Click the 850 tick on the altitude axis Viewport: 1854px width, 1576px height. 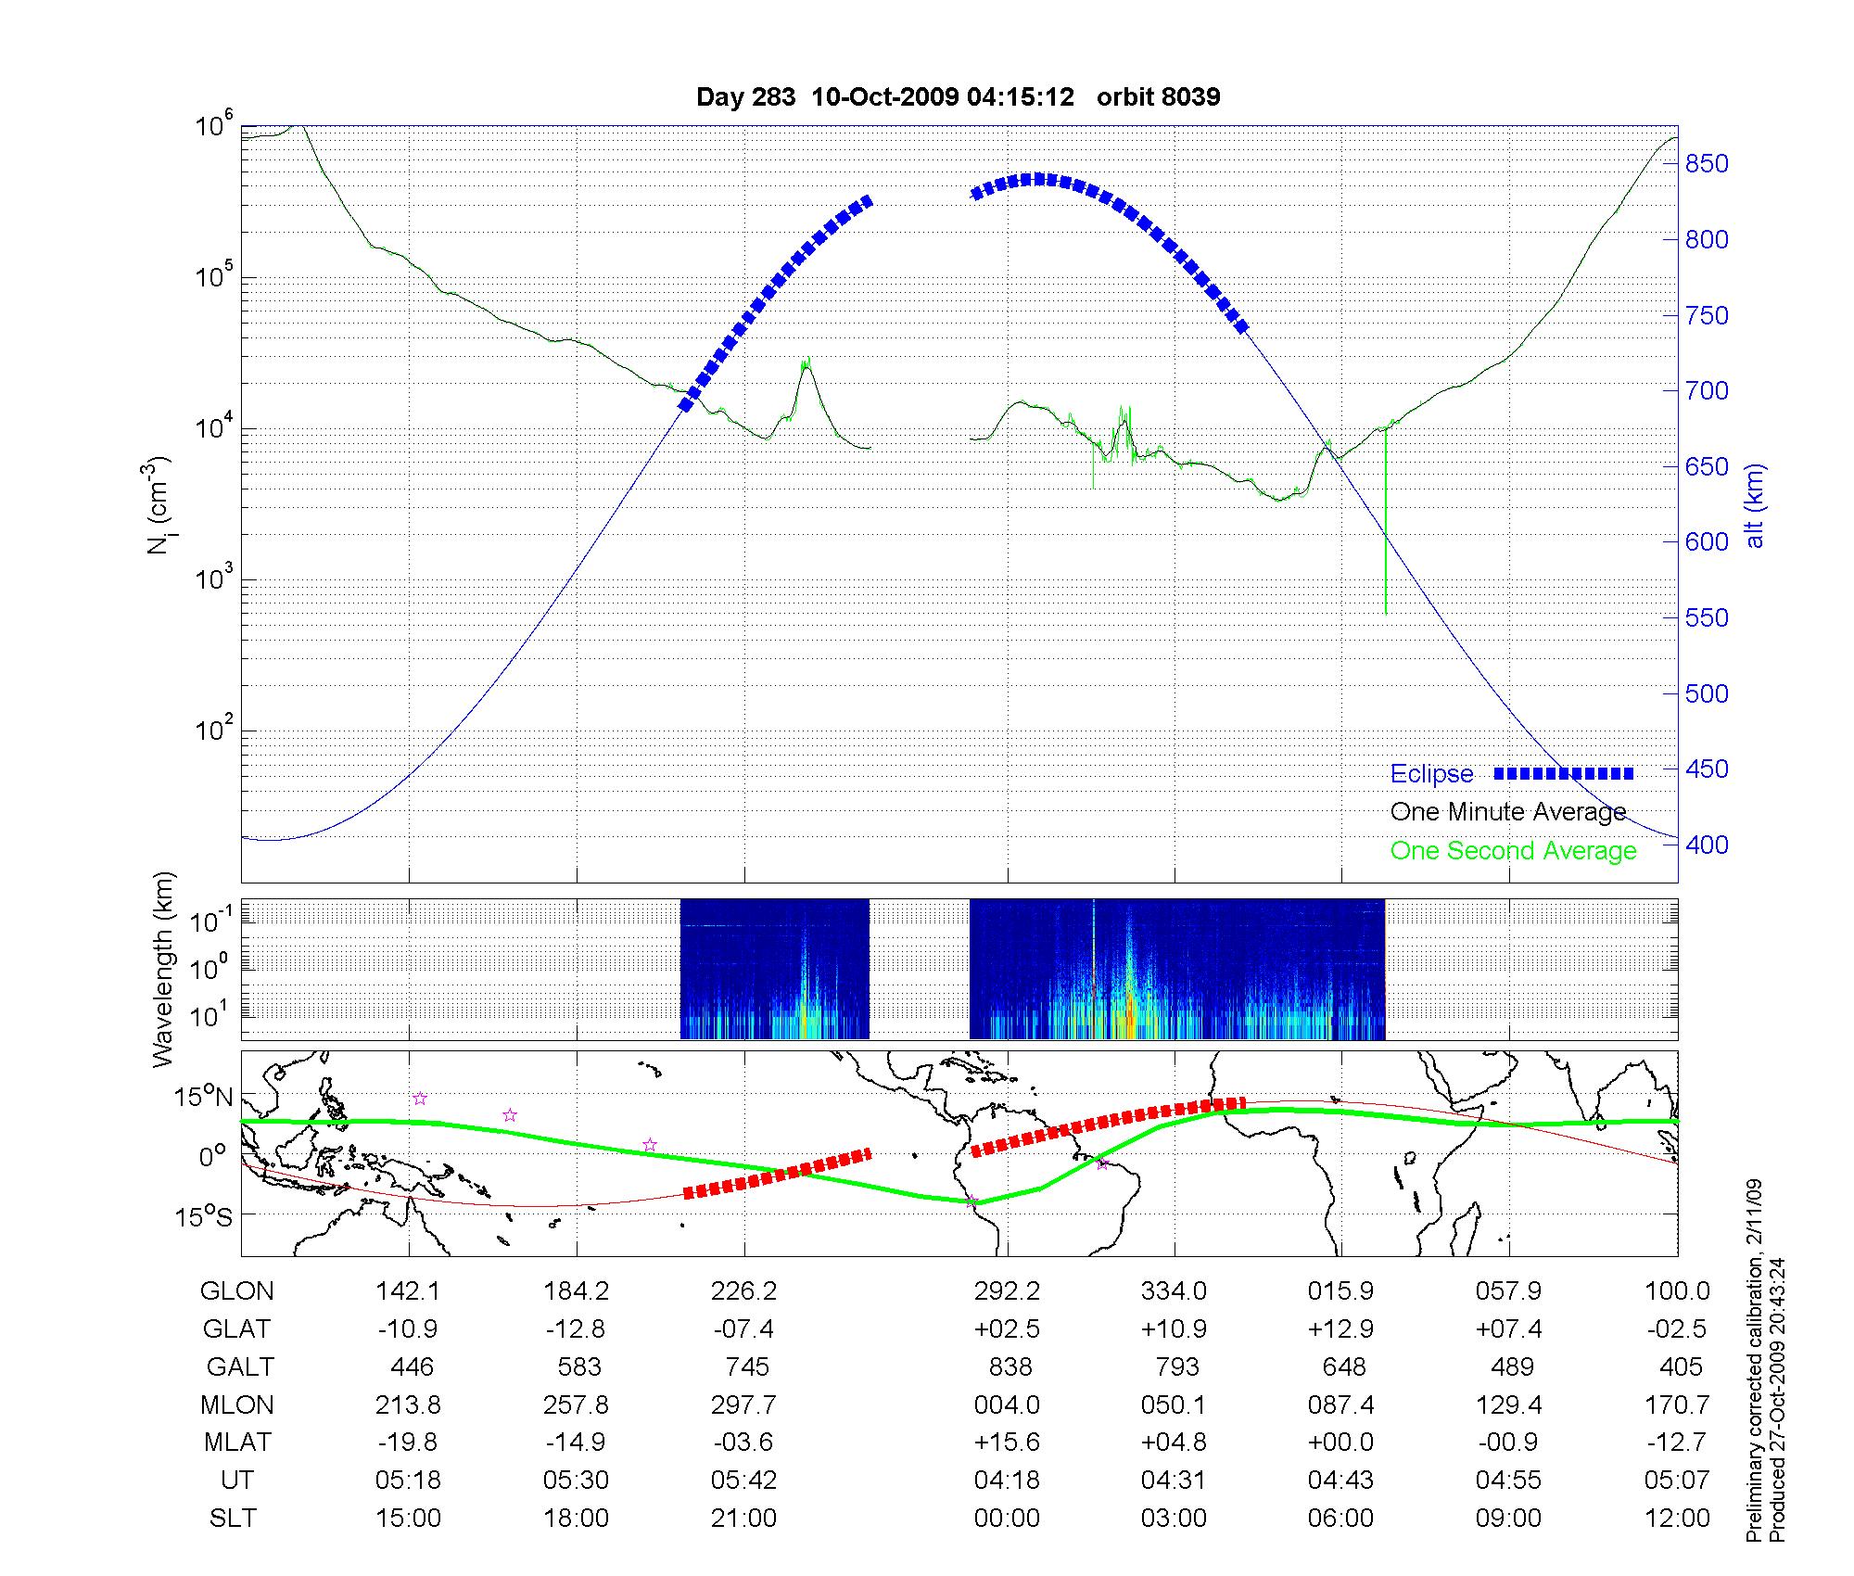point(1706,164)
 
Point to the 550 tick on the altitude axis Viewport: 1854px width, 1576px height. point(1706,618)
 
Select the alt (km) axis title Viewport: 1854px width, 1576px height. point(1755,506)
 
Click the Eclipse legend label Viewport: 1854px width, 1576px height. point(1431,774)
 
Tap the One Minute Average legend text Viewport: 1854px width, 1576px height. point(1508,812)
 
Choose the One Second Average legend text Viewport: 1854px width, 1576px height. point(1513,851)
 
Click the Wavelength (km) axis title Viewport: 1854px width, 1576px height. point(164,970)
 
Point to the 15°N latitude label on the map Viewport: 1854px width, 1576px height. point(205,1098)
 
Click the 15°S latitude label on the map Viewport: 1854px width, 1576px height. point(205,1215)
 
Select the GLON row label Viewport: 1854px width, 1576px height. point(237,1291)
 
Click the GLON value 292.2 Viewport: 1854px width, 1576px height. point(1007,1291)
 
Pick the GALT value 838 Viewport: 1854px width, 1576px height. point(1010,1367)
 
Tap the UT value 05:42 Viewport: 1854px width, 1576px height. point(743,1480)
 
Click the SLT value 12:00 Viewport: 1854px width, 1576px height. point(1677,1518)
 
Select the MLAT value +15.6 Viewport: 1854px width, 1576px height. point(1007,1443)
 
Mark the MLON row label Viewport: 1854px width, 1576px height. point(237,1404)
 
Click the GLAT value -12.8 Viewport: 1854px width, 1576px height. point(576,1329)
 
